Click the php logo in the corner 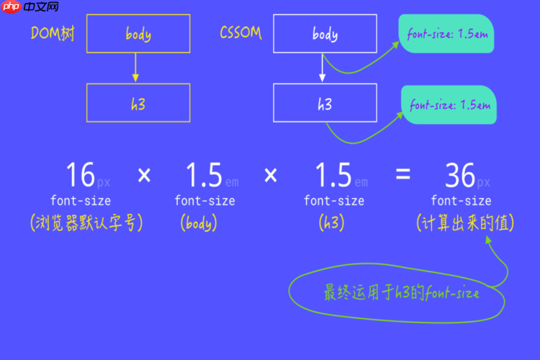click(x=12, y=6)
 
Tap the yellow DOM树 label click(x=53, y=33)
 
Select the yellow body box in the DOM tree click(x=138, y=33)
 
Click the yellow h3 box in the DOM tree click(x=138, y=103)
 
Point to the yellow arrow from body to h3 click(x=135, y=68)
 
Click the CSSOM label click(x=240, y=32)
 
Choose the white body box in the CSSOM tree click(x=325, y=33)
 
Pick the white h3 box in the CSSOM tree click(x=325, y=103)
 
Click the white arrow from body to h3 click(x=323, y=68)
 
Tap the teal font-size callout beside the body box click(x=446, y=33)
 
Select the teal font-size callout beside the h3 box click(x=449, y=104)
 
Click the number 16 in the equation click(x=81, y=175)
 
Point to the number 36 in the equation click(x=460, y=176)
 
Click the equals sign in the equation click(x=403, y=174)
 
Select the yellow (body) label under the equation click(x=199, y=222)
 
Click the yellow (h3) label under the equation click(x=331, y=222)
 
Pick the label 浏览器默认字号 click(x=86, y=222)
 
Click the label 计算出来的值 click(x=465, y=222)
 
